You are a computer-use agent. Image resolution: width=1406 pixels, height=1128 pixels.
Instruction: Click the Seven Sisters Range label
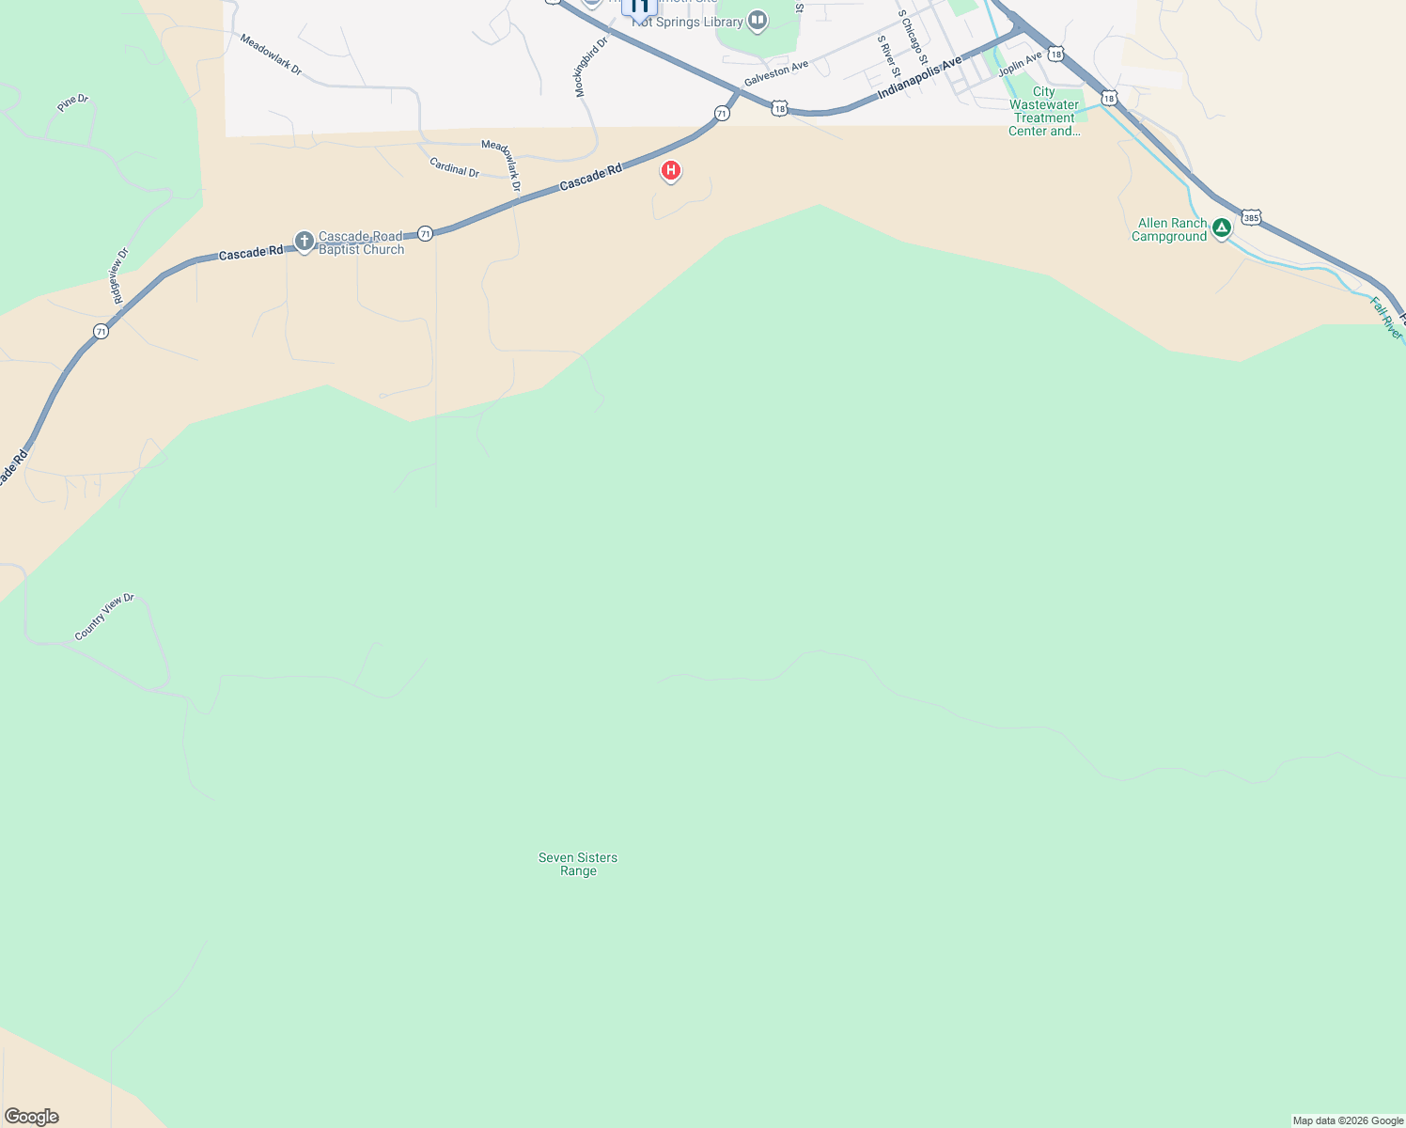click(578, 864)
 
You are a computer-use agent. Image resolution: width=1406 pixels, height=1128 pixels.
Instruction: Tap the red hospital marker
click(671, 170)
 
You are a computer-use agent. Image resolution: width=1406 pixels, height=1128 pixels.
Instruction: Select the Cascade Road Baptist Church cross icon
click(304, 242)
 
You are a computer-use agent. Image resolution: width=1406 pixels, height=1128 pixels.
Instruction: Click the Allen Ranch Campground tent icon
click(1221, 227)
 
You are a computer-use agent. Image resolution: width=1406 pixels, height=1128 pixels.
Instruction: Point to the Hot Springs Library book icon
click(758, 20)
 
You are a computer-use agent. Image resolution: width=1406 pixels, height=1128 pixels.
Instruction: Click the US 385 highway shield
click(1251, 217)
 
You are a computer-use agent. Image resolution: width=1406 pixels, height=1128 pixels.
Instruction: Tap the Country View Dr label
click(104, 617)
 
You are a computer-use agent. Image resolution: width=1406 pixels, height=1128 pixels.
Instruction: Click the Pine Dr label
click(72, 102)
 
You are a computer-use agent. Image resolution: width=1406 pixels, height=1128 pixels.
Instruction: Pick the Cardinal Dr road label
click(454, 167)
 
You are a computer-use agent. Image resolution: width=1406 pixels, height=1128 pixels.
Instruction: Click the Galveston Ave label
click(776, 73)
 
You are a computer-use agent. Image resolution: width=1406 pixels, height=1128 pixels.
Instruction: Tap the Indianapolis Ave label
click(920, 78)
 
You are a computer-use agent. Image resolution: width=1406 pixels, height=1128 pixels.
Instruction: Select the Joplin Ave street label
click(1020, 64)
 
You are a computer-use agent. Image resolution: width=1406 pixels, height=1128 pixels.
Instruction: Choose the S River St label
click(888, 56)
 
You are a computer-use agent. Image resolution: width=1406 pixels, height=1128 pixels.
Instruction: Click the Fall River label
click(1386, 318)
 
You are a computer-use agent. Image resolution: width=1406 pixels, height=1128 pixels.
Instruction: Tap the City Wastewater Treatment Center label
click(1044, 111)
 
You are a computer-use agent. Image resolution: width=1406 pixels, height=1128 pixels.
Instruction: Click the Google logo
click(32, 1117)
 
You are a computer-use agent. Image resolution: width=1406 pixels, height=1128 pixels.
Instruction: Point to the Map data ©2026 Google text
click(1348, 1120)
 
